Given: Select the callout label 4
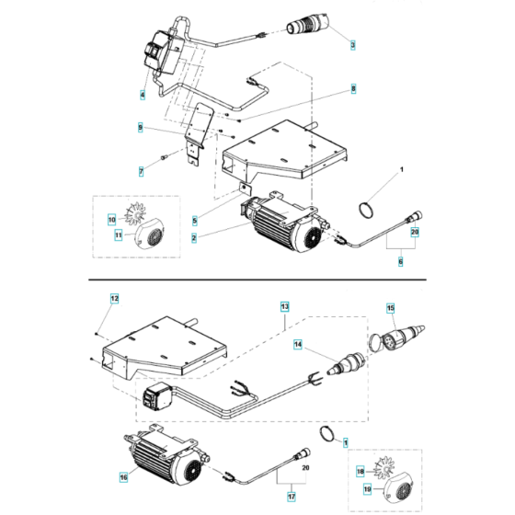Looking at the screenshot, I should (143, 95).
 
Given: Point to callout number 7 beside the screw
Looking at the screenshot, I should (143, 171).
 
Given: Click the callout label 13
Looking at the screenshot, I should (284, 304).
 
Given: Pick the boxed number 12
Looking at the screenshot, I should (115, 299).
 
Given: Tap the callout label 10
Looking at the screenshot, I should (111, 220).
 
